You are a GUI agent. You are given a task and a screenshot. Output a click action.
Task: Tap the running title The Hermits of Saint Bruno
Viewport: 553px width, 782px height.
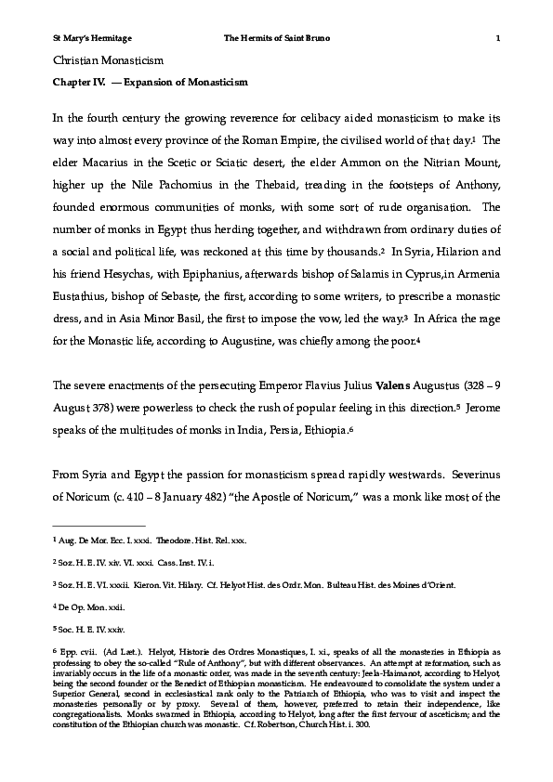(x=277, y=37)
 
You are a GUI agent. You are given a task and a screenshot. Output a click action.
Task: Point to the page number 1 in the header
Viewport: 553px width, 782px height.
(x=499, y=37)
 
